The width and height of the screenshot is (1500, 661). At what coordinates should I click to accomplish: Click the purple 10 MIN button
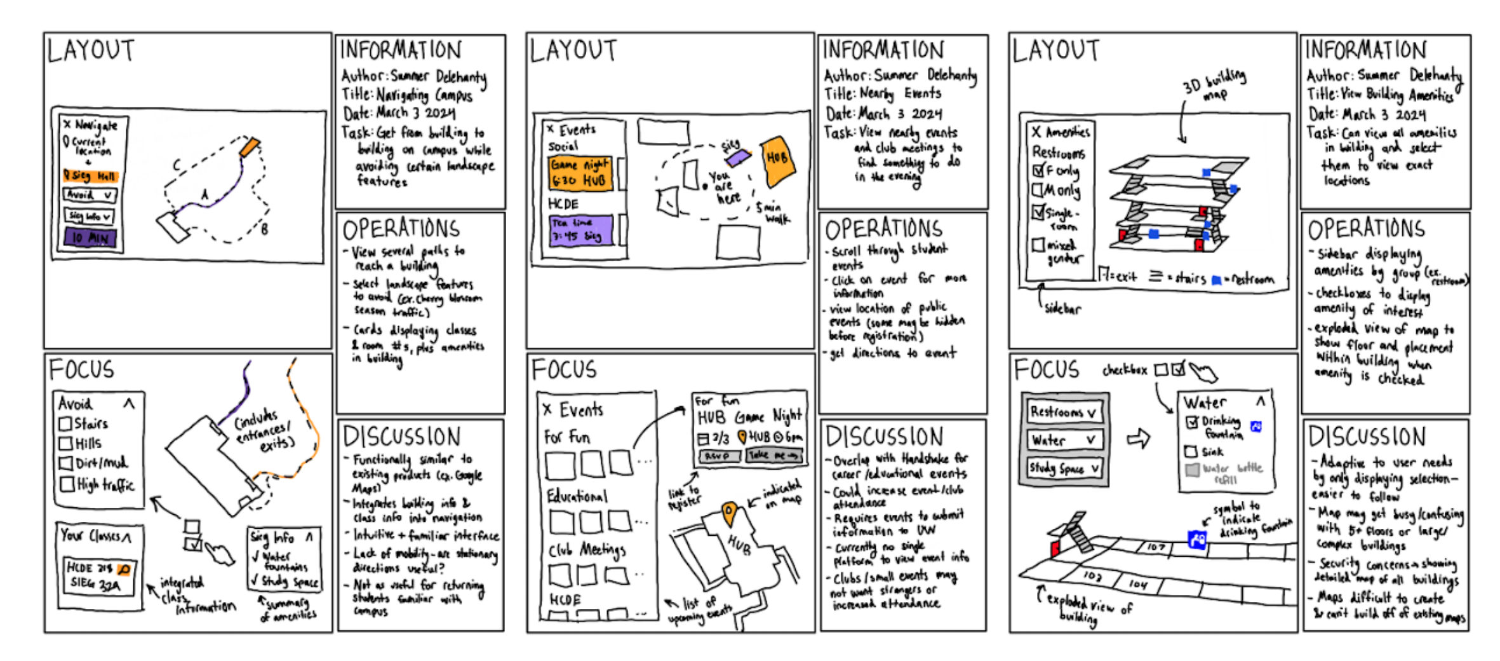90,238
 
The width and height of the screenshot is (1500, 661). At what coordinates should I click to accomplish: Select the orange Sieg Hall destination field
90,175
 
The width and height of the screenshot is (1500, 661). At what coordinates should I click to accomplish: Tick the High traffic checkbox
67,484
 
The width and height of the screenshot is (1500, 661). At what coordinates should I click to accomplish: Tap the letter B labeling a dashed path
264,229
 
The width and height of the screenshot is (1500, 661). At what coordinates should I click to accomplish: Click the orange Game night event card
580,173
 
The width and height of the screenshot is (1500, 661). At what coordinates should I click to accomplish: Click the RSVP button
719,456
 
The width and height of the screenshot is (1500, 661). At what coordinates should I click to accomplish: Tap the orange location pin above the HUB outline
730,512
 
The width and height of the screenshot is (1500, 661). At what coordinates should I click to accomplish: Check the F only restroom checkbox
1038,170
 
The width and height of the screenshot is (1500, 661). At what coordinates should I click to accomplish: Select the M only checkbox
1038,190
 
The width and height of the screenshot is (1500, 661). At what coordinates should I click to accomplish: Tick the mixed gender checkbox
1038,245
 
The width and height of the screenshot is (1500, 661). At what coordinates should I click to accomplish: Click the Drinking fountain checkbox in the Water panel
1192,421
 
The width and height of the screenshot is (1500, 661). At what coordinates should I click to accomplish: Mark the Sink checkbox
1191,451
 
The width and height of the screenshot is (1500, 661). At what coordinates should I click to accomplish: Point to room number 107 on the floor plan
1156,547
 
